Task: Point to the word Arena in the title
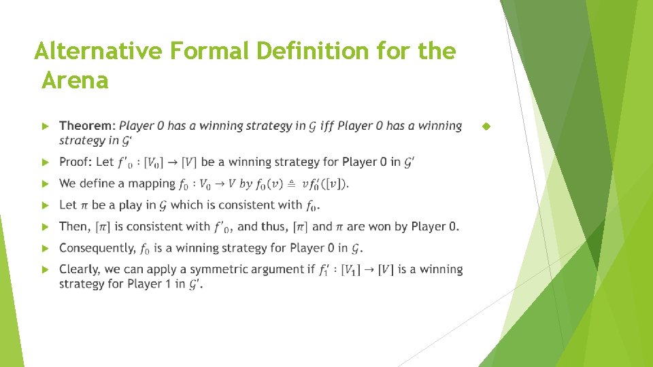pyautogui.click(x=75, y=81)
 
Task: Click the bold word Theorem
pyautogui.click(x=87, y=126)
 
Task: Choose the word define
pyautogui.click(x=99, y=183)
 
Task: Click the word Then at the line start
pyautogui.click(x=74, y=226)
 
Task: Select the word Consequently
pyautogui.click(x=97, y=248)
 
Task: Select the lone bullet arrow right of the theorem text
pyautogui.click(x=485, y=126)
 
